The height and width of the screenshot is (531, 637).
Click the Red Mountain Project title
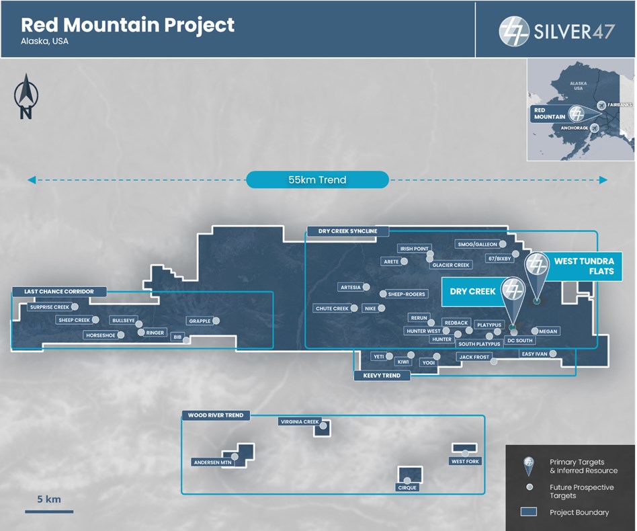pos(128,26)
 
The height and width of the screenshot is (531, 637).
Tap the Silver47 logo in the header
pos(556,30)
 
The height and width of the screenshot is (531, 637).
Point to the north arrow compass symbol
pos(26,97)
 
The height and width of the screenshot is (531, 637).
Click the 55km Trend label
pos(317,179)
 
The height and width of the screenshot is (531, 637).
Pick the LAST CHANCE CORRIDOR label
pos(59,292)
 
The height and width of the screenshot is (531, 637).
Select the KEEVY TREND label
pos(382,376)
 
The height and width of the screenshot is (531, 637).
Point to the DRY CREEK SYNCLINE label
pos(343,231)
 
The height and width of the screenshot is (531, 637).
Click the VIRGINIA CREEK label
pos(300,422)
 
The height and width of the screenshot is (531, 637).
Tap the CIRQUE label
pos(407,487)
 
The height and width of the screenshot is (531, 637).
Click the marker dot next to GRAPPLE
pos(216,321)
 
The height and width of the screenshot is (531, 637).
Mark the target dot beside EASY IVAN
pos(553,354)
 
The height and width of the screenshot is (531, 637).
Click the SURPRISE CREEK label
pos(49,307)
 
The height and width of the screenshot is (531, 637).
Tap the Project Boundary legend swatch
pos(529,512)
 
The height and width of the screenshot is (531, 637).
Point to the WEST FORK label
pos(465,461)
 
